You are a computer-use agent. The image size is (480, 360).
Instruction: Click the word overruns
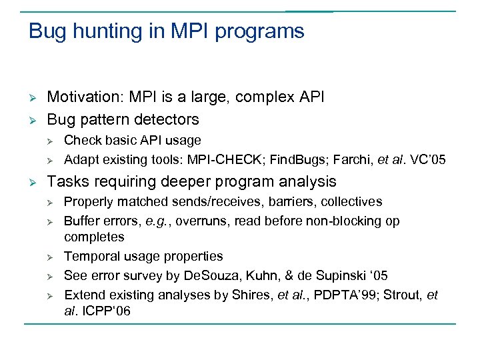coord(187,221)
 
